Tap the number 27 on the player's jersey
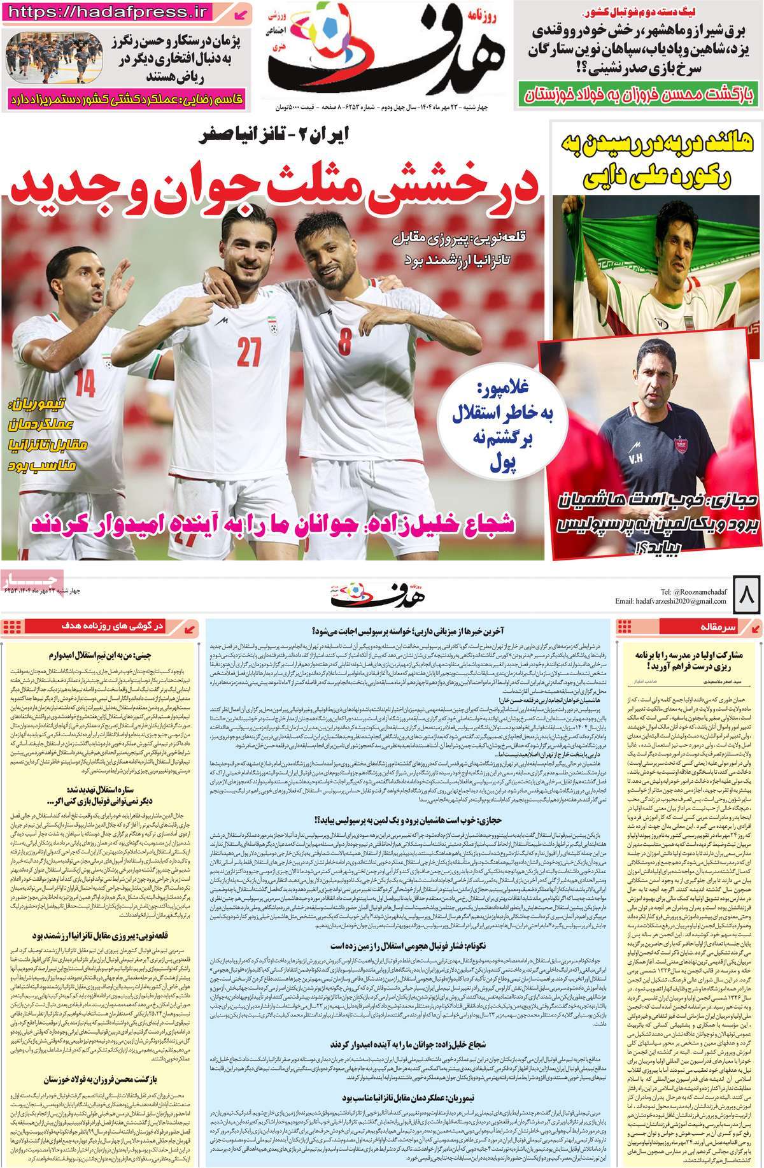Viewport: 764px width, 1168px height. click(x=246, y=350)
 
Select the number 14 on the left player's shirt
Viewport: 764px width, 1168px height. click(x=85, y=384)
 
